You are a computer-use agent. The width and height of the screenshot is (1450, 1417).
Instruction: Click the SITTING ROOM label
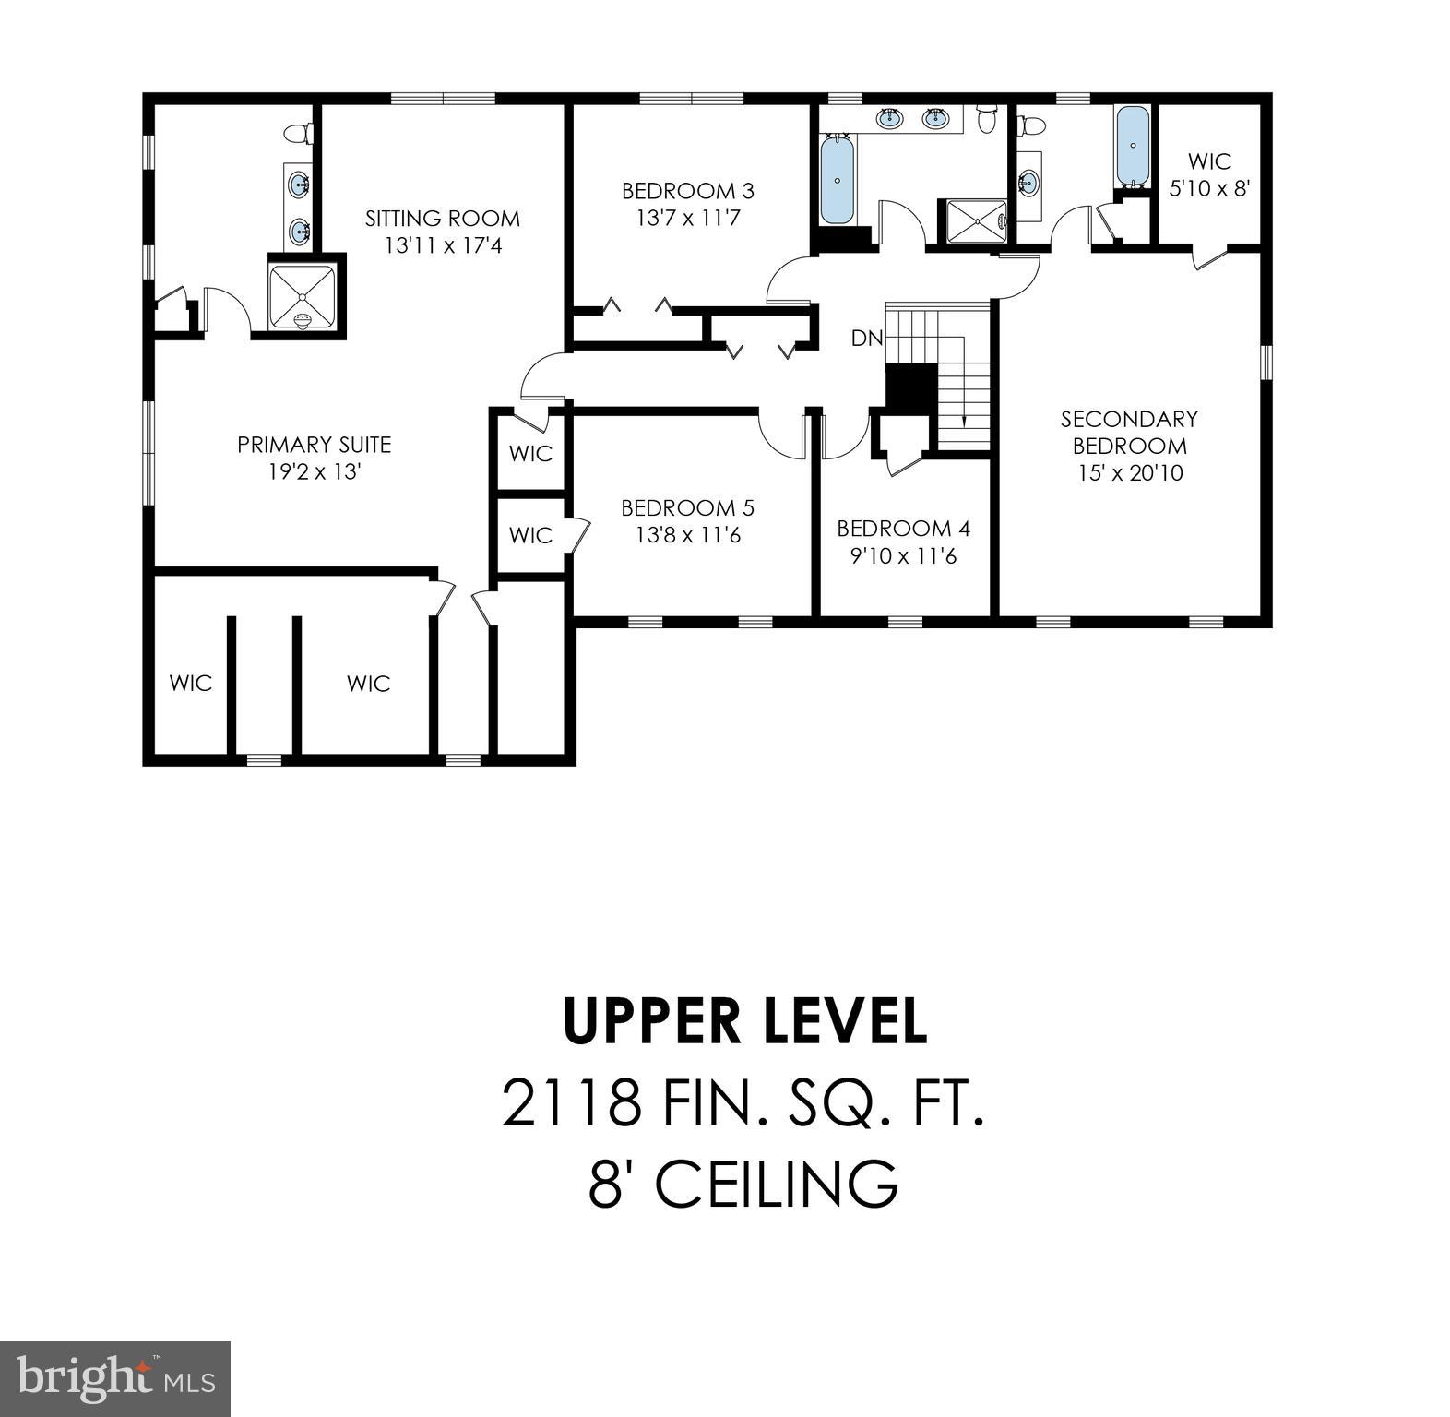coord(442,219)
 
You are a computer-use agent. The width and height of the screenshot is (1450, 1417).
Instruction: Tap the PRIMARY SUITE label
coord(315,445)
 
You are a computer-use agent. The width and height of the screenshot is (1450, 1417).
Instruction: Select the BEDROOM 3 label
coord(687,191)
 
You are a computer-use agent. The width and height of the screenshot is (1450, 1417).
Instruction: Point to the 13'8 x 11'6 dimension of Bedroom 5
coord(687,535)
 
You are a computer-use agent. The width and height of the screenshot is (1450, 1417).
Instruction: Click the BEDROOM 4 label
coord(903,529)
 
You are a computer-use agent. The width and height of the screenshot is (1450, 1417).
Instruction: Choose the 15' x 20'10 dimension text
coord(1129,473)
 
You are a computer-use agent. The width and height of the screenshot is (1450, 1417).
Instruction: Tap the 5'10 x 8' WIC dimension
coord(1208,188)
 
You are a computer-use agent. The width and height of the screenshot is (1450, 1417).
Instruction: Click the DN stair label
coord(866,339)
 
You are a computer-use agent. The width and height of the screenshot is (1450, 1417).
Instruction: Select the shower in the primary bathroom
coord(302,296)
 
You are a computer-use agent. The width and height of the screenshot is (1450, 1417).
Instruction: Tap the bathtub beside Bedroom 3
coord(837,179)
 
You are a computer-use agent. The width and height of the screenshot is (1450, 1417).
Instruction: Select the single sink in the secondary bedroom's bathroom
coord(1028,183)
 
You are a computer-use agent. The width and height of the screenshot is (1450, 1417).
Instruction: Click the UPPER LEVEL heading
coord(744,1021)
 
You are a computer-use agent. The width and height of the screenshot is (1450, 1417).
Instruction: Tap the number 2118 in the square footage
coord(571,1103)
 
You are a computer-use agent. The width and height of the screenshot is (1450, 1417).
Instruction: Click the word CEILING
coord(777,1184)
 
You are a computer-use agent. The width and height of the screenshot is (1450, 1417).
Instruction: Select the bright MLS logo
coord(114,1378)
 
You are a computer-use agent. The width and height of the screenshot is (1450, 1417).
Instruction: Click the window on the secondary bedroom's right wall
coord(1266,362)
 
